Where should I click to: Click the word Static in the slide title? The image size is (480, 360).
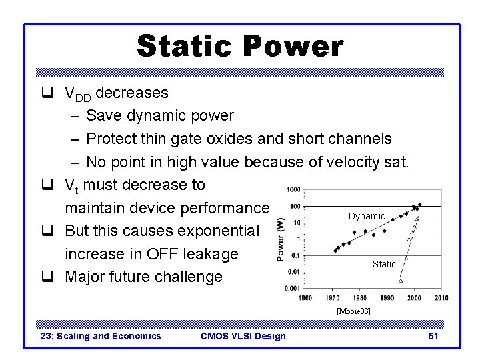click(184, 47)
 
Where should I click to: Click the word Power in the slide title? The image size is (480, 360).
click(293, 47)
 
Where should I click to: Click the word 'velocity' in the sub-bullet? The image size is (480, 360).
click(343, 162)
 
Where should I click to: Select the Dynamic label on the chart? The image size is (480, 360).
click(367, 216)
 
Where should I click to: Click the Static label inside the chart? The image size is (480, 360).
click(384, 264)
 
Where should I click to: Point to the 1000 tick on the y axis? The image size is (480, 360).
click(292, 190)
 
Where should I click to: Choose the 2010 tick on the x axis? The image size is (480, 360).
click(440, 297)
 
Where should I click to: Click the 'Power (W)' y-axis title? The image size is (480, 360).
click(280, 239)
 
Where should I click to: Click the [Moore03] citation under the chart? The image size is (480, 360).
click(353, 311)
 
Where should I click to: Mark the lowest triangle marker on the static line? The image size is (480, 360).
click(400, 281)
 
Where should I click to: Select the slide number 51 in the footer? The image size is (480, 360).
click(433, 336)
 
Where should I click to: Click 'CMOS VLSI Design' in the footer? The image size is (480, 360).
click(243, 336)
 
